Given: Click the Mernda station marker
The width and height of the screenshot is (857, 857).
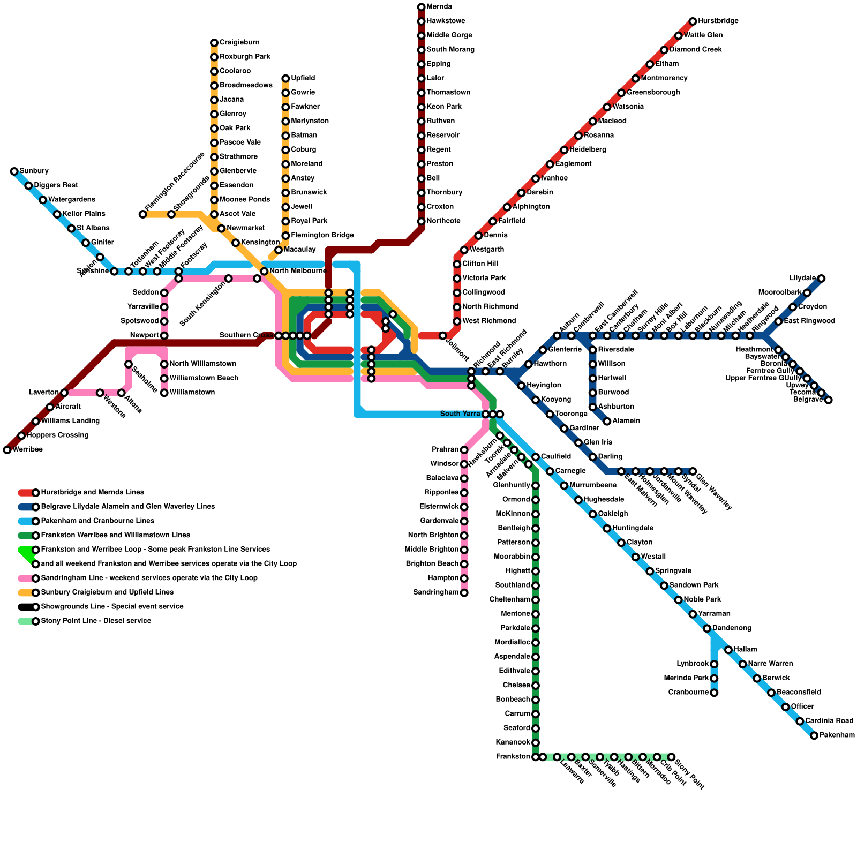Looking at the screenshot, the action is coord(421,7).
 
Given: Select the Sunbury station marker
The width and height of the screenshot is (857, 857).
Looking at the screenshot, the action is coord(14,171).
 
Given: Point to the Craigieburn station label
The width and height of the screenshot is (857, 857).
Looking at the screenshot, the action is coord(239,43).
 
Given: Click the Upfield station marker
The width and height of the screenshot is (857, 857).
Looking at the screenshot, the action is coord(285,79).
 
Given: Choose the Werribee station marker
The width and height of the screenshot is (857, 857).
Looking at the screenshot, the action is coord(7,450).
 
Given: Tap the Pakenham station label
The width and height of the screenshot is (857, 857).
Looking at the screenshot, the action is coord(837,735).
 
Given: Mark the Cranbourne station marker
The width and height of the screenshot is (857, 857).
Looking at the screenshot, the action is coord(714,693).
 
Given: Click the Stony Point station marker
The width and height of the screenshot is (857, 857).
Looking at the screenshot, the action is coord(671,757).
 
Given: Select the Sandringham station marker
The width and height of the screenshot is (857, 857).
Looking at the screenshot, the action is coord(464,592).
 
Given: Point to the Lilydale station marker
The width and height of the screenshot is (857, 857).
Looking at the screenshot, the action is coord(821,279).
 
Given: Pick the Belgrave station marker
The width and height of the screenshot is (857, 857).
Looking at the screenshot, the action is coord(828,400).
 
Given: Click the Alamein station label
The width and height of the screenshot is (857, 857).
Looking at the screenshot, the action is coord(626,421).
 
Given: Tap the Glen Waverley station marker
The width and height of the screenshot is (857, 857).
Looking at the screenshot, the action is coord(693,471).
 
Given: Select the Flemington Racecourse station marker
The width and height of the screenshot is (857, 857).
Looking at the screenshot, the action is coord(142,214).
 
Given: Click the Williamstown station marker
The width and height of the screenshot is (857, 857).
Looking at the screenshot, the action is coord(164,393).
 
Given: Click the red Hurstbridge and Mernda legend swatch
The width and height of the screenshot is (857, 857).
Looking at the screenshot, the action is coord(25,493).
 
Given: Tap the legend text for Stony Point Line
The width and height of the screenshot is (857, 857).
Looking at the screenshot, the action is coord(96,621).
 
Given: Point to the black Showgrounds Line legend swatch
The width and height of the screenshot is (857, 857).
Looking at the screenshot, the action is coord(25,607).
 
